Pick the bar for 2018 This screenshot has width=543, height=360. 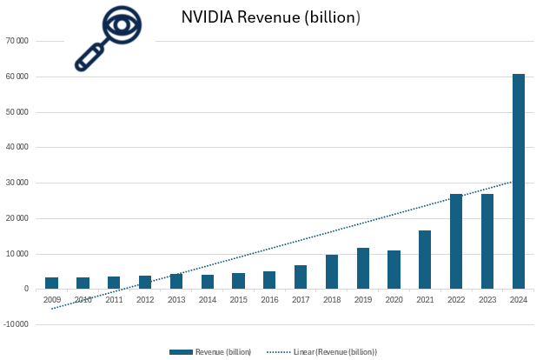pyautogui.click(x=331, y=272)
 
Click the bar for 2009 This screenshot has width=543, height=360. pyautogui.click(x=51, y=283)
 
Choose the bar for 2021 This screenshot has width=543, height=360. pyautogui.click(x=425, y=260)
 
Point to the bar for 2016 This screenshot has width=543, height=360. pyautogui.click(x=269, y=280)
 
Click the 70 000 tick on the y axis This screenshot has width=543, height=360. pyautogui.click(x=17, y=41)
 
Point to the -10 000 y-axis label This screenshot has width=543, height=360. pyautogui.click(x=15, y=324)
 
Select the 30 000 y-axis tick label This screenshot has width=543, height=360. pyautogui.click(x=17, y=183)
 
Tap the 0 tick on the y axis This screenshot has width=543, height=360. pyautogui.click(x=26, y=289)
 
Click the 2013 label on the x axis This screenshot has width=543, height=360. pyautogui.click(x=176, y=299)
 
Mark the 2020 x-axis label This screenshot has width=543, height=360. pyautogui.click(x=394, y=299)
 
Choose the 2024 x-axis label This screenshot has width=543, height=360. pyautogui.click(x=518, y=299)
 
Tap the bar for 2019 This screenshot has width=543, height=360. pyautogui.click(x=362, y=269)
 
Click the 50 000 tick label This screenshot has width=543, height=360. pyautogui.click(x=17, y=112)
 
